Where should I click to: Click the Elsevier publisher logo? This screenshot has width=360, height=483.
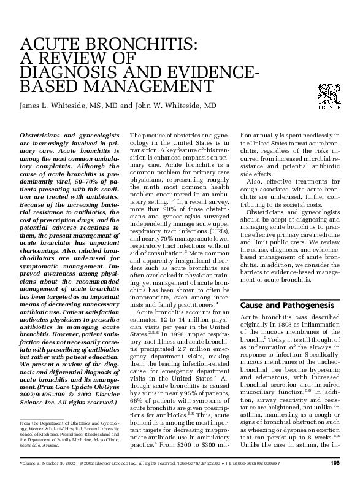pos(328,96)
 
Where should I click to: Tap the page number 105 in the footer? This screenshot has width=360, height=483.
pos(335,463)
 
